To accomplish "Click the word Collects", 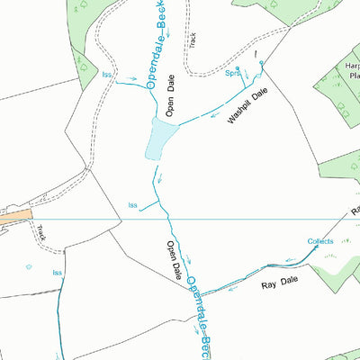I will click(x=320, y=241).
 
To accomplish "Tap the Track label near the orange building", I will click(x=41, y=233).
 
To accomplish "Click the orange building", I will click(x=15, y=217).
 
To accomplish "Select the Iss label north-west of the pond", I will click(x=108, y=75).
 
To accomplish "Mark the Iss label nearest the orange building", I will click(x=57, y=272).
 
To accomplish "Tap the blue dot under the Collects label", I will click(x=316, y=247).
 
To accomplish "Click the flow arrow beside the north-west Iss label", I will click(x=130, y=78).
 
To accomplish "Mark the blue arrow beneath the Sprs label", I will click(x=245, y=87).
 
